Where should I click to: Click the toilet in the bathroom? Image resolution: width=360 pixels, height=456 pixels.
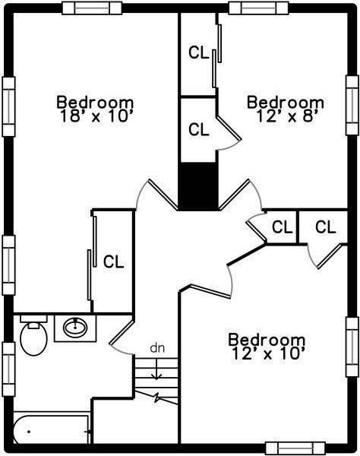[x=33, y=335]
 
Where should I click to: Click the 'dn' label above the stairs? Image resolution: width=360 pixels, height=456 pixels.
[x=157, y=348]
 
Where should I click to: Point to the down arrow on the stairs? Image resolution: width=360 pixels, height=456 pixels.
[x=157, y=369]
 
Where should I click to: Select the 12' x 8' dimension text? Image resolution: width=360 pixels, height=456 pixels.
[x=286, y=116]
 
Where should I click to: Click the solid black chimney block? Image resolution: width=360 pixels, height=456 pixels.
[x=199, y=186]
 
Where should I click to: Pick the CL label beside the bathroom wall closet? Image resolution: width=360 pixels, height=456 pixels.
[x=114, y=261]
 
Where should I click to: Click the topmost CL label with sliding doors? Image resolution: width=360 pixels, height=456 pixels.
[x=199, y=52]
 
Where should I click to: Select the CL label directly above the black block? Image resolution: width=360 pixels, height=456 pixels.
[x=199, y=129]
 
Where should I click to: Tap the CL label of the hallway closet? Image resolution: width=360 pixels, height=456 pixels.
[x=282, y=227]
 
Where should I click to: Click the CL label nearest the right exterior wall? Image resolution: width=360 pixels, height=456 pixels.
[x=326, y=227]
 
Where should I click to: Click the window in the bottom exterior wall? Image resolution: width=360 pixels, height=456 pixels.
[x=295, y=448]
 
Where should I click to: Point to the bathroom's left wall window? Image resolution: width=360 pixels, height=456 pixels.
[x=8, y=369]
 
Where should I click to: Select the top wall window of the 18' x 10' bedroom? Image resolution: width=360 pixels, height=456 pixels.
[x=92, y=8]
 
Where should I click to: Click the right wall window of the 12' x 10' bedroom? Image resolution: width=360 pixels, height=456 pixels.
[x=352, y=347]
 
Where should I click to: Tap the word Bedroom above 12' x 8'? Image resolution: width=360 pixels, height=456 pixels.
[x=286, y=103]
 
